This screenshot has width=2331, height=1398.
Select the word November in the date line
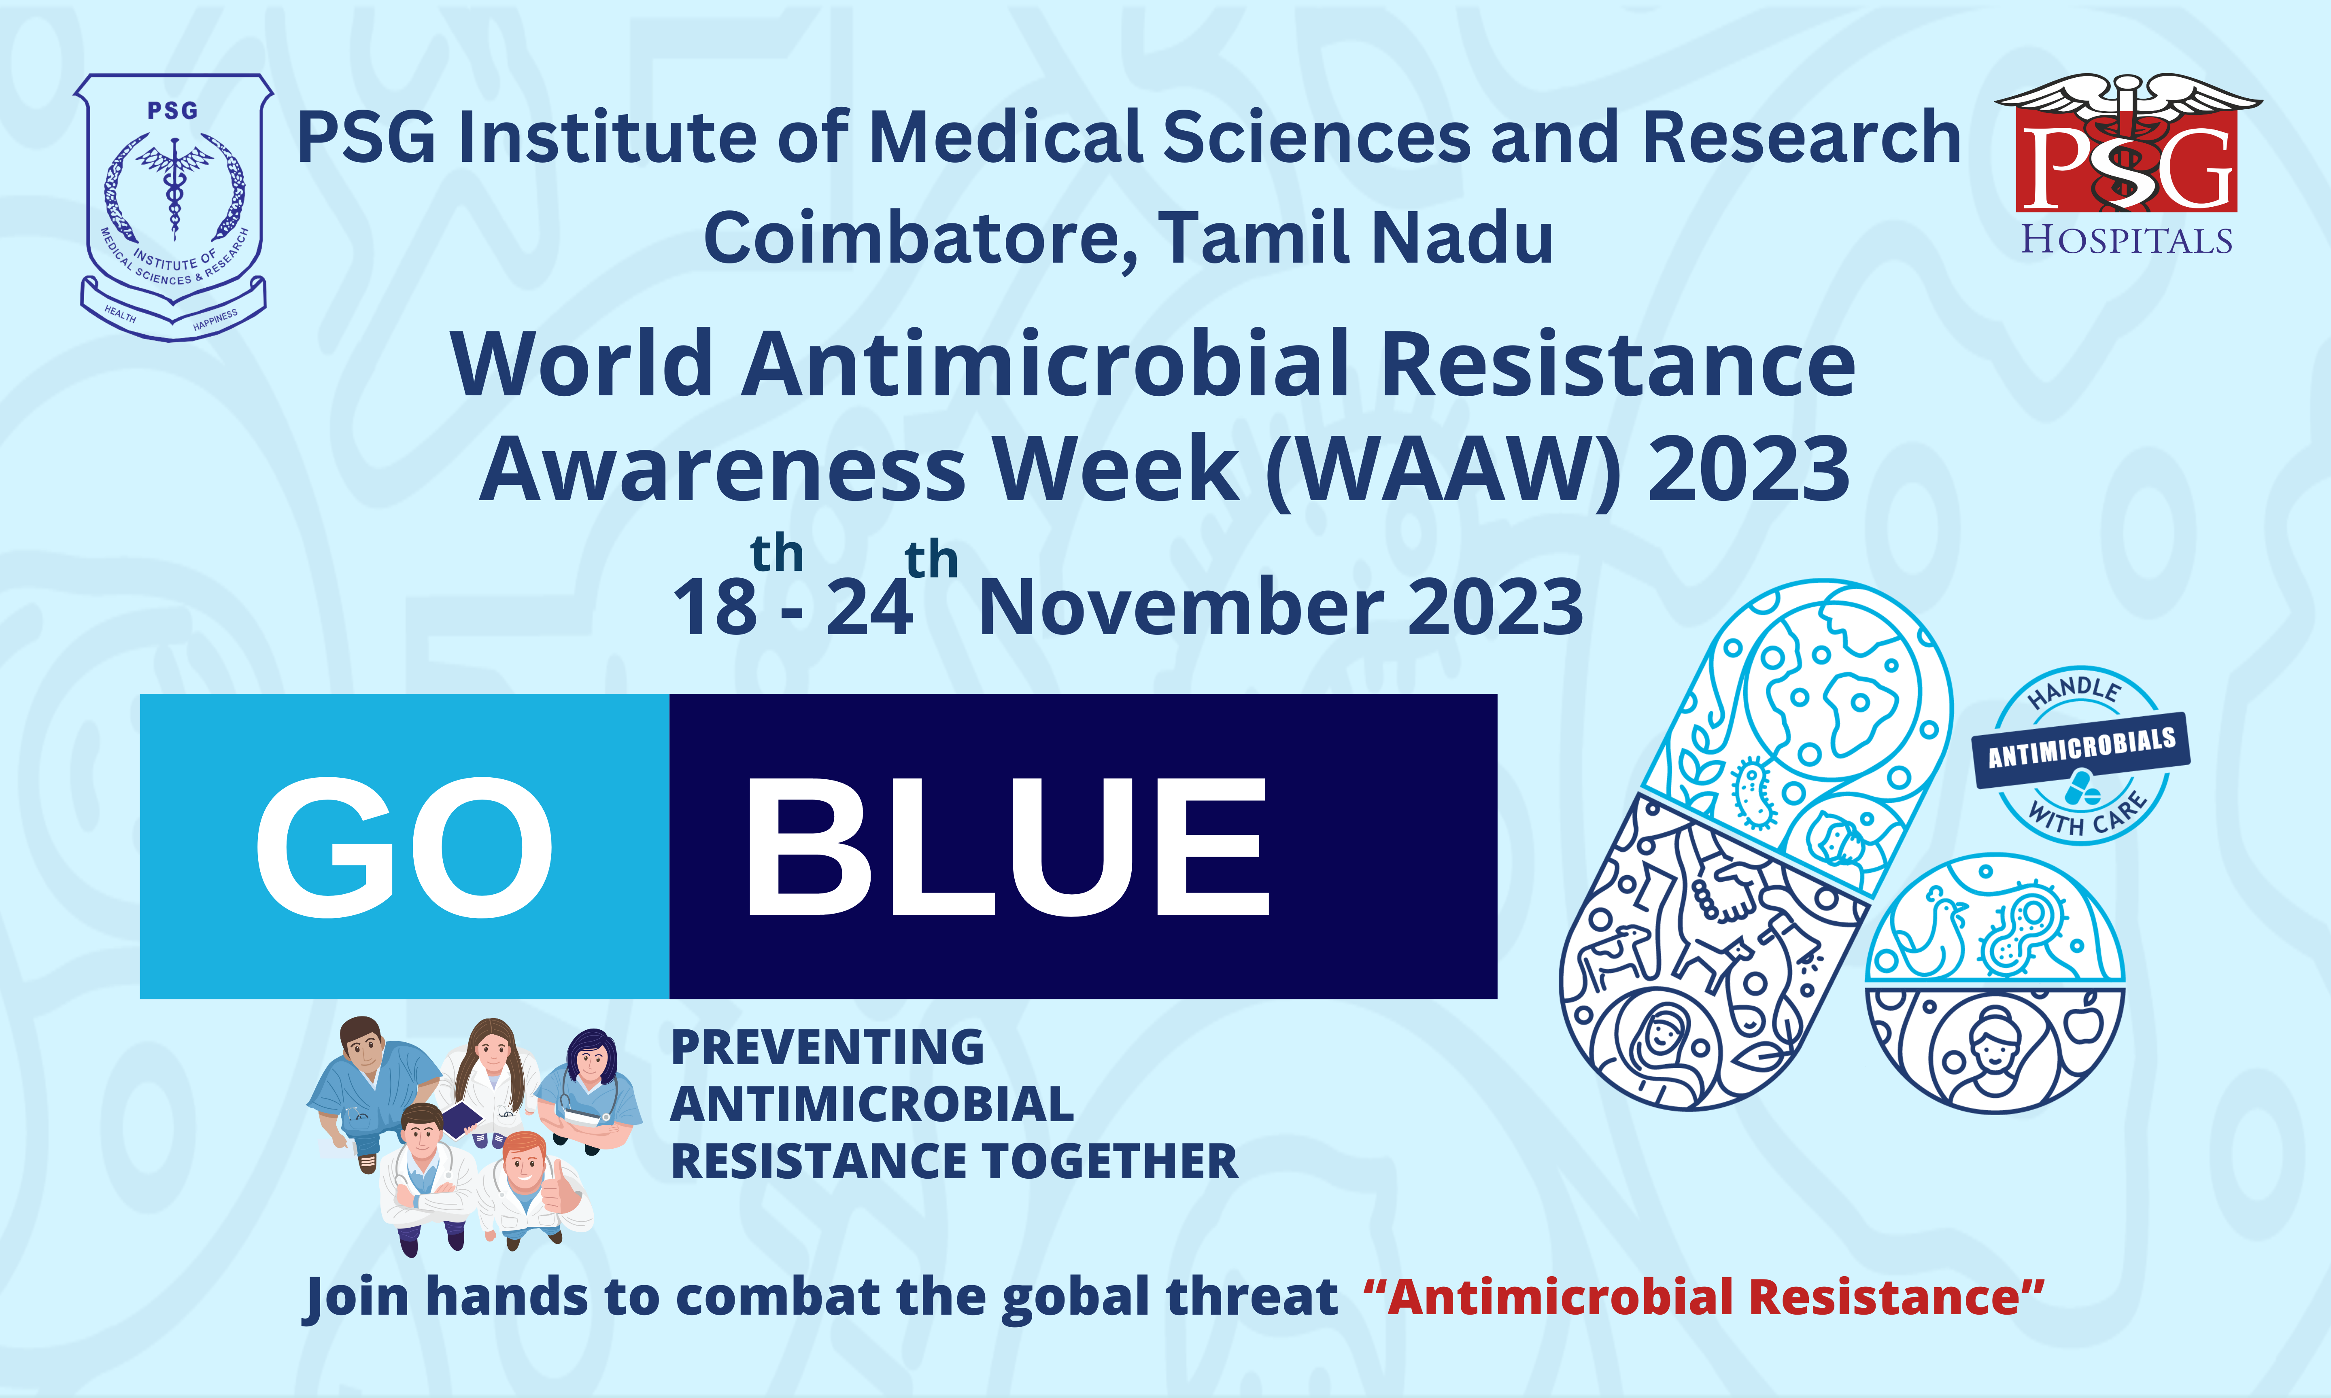point(1182,608)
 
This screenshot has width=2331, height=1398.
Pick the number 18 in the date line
point(714,608)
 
